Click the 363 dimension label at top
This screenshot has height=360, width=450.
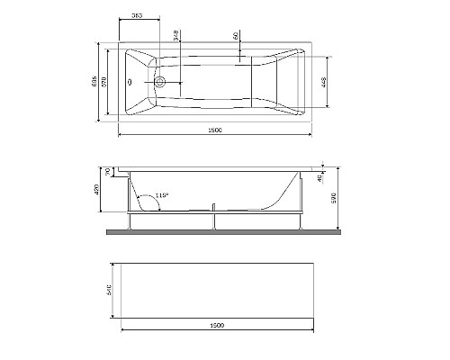point(136,17)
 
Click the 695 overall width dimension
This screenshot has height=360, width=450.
point(94,81)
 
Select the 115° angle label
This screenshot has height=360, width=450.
point(161,194)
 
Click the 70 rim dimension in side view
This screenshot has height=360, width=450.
point(107,172)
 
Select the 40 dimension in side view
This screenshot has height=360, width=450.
point(321,177)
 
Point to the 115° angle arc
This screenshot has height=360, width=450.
point(149,200)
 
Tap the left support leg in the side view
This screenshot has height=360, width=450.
point(131,221)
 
